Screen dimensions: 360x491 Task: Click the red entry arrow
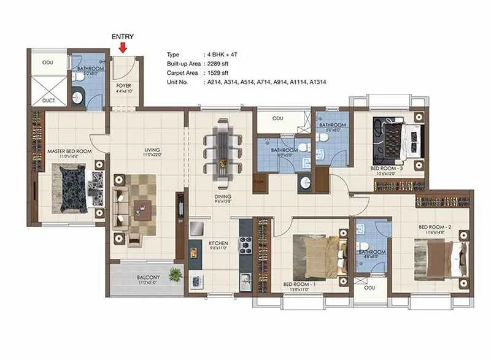click(x=123, y=48)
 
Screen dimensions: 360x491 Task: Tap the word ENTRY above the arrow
click(x=123, y=37)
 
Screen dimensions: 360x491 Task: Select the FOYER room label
click(x=124, y=85)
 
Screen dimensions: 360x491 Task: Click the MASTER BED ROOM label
click(x=69, y=151)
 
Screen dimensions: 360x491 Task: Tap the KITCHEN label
click(x=218, y=243)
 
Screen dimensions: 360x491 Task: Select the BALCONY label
click(x=148, y=277)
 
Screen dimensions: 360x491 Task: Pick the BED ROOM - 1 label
click(x=300, y=285)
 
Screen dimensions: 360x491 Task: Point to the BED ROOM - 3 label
click(x=387, y=167)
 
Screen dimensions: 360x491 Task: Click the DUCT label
click(x=48, y=99)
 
